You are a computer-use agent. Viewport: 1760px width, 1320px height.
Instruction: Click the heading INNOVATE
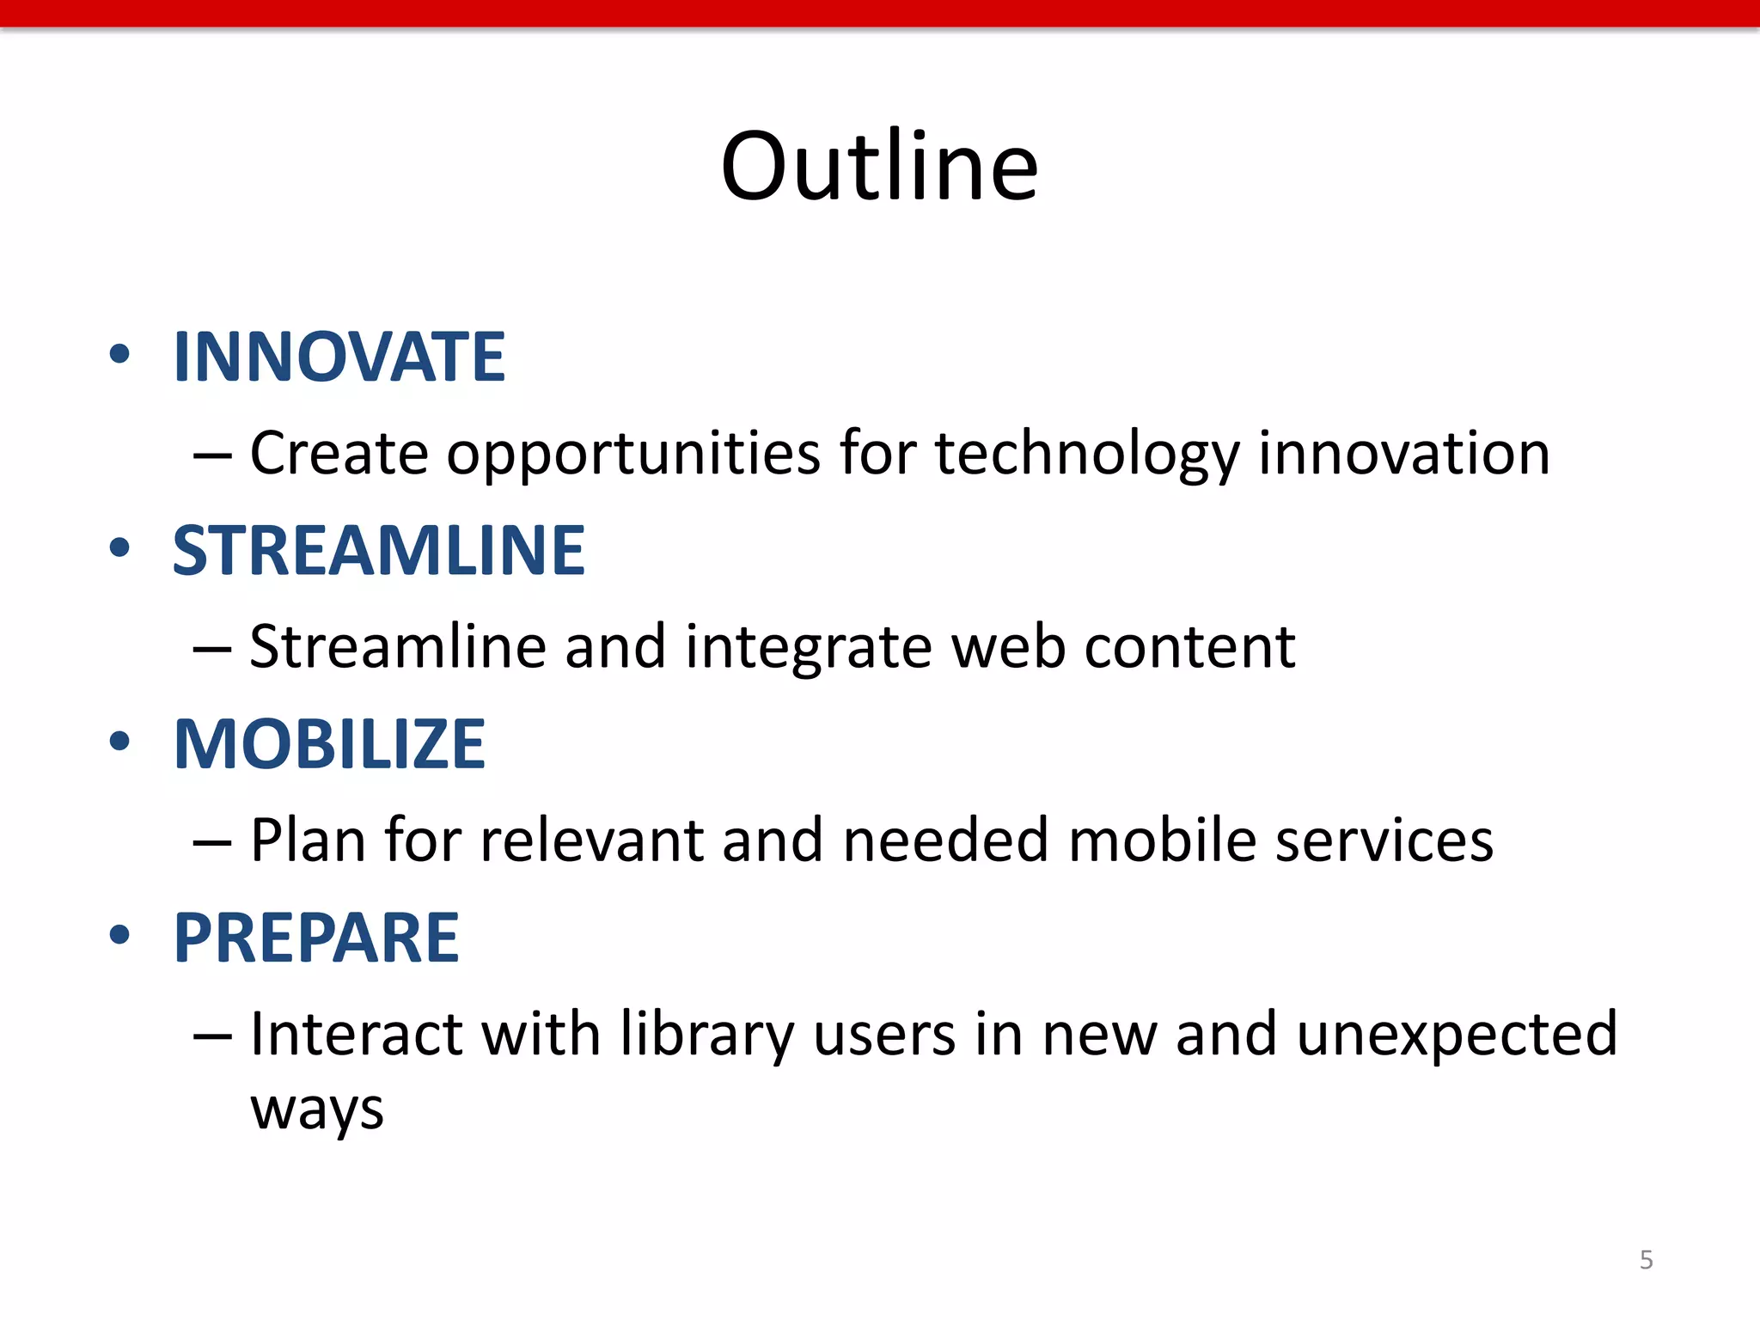339,357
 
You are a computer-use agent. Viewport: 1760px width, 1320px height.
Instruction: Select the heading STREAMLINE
378,550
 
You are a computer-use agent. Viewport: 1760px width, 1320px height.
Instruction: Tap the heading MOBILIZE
329,743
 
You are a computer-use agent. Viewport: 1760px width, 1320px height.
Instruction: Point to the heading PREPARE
316,938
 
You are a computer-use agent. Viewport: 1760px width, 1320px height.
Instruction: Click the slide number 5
1646,1260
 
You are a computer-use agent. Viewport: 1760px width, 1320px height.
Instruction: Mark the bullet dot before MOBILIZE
119,742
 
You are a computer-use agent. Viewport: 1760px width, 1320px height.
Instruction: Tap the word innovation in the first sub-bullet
1404,454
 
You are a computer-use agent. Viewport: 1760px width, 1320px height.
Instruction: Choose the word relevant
591,840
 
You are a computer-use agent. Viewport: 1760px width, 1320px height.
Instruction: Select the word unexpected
1457,1036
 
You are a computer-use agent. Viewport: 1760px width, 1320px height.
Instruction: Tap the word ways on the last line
317,1111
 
